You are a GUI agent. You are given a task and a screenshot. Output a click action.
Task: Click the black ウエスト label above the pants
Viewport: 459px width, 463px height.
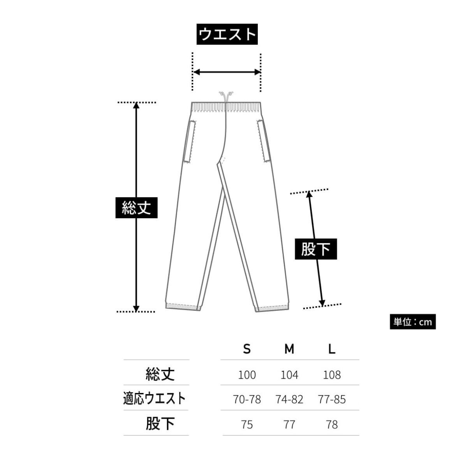(x=227, y=34)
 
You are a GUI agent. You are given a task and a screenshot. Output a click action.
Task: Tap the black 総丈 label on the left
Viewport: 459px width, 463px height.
(x=136, y=207)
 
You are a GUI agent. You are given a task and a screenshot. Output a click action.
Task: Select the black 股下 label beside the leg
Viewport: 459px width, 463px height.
(x=315, y=249)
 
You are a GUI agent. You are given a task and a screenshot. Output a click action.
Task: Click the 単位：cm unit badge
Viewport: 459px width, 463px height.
(x=413, y=322)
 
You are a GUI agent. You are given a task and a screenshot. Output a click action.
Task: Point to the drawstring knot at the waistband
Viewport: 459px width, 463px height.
(x=226, y=95)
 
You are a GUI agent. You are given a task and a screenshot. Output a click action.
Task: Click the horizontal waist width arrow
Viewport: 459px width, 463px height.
(x=227, y=72)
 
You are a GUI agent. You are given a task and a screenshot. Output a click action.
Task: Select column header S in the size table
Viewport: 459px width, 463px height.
(x=247, y=349)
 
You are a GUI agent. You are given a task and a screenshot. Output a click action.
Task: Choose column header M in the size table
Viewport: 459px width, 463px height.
(x=289, y=349)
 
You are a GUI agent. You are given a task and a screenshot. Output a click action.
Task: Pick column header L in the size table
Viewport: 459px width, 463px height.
(x=332, y=349)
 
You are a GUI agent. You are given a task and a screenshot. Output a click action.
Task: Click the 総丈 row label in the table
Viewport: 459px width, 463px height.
(x=160, y=374)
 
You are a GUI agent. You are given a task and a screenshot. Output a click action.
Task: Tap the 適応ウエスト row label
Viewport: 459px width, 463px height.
(x=154, y=399)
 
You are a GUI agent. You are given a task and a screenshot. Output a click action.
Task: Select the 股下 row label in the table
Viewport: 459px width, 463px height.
(x=160, y=424)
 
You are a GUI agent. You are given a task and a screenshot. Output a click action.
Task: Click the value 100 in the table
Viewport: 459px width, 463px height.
(x=247, y=375)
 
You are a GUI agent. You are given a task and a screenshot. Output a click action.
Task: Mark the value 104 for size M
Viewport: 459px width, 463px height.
(x=289, y=375)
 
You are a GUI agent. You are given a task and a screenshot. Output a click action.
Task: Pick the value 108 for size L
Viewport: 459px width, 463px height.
(x=332, y=375)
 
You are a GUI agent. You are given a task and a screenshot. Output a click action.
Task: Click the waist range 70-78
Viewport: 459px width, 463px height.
(x=247, y=399)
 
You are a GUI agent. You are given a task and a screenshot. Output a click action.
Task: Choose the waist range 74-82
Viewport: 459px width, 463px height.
(x=289, y=399)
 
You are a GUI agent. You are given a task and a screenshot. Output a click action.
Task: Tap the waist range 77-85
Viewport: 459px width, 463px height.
(x=332, y=399)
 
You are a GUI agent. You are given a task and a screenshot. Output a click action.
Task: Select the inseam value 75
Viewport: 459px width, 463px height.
(x=247, y=424)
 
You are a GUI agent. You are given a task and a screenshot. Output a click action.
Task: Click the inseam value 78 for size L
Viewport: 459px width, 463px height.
(x=332, y=424)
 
